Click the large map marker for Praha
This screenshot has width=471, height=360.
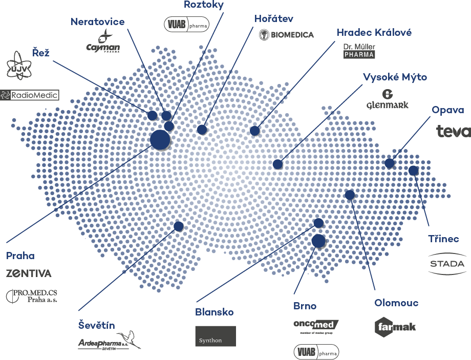(x=160, y=139)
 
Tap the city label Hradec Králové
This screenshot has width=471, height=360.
(x=374, y=33)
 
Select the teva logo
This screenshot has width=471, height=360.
(x=453, y=131)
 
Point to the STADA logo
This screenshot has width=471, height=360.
(x=446, y=264)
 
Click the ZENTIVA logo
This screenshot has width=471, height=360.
(x=29, y=273)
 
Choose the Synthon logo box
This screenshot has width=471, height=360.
(x=216, y=336)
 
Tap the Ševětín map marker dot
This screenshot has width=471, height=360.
(x=179, y=226)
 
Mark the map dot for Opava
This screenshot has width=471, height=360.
(x=390, y=163)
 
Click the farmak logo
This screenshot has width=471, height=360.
(x=395, y=326)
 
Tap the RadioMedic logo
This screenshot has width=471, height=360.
(x=30, y=95)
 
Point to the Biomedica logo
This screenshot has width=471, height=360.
(x=286, y=35)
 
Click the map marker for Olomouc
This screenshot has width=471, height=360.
(x=350, y=195)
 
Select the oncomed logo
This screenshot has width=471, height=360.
(x=316, y=326)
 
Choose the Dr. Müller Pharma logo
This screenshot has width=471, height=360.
(x=359, y=50)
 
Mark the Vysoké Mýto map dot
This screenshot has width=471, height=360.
(x=277, y=164)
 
